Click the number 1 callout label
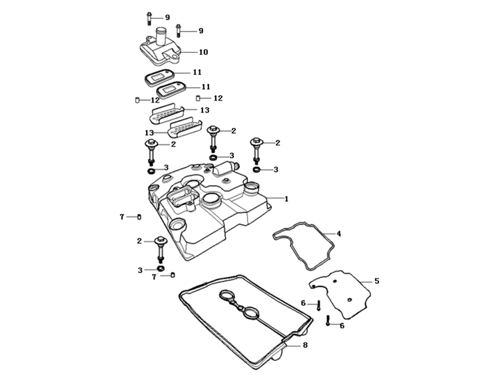(x=286, y=198)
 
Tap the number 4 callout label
(x=338, y=234)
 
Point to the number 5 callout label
(x=376, y=281)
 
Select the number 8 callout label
(x=304, y=345)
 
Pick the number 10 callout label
(x=203, y=52)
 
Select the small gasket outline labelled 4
(x=303, y=246)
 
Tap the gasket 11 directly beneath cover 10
(x=161, y=75)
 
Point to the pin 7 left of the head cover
(x=139, y=217)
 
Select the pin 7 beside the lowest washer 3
(x=173, y=275)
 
